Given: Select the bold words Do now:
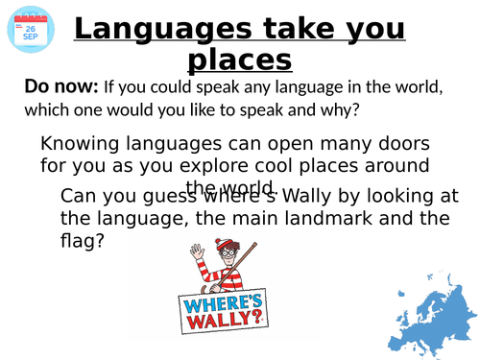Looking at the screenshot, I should pos(60,87).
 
